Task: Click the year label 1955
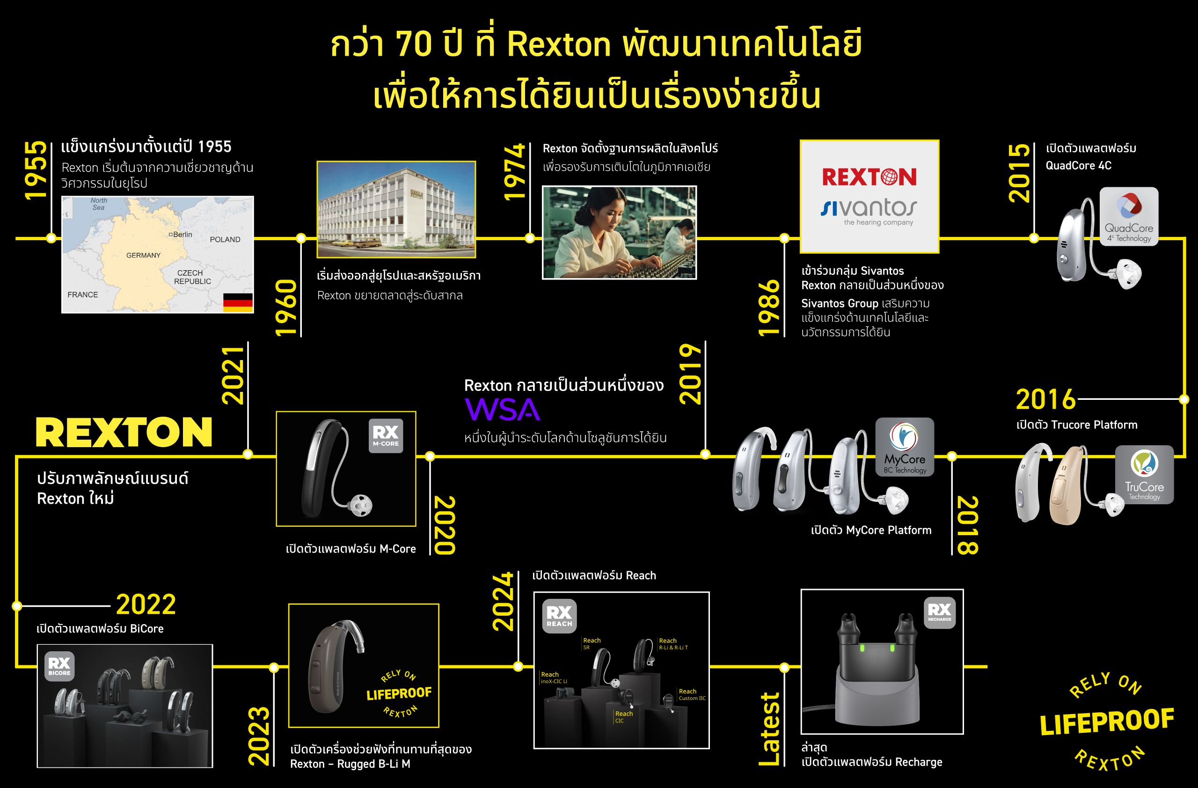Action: [35, 170]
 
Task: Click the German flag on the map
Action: [238, 302]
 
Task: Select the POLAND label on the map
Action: [225, 240]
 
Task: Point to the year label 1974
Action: [514, 172]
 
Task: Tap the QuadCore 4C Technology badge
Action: [1129, 216]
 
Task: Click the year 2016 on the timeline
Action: [1045, 400]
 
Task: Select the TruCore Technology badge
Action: [1144, 474]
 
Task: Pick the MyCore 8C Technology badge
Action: [905, 447]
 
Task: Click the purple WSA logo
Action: [502, 409]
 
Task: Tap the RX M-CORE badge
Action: [386, 435]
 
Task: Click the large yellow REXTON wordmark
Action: [124, 432]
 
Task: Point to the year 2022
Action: [146, 604]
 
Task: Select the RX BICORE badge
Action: [59, 666]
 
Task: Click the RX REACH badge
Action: [559, 616]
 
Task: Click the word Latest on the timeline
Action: [769, 729]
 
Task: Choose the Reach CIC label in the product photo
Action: [624, 716]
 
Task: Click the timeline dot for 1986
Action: [784, 238]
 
